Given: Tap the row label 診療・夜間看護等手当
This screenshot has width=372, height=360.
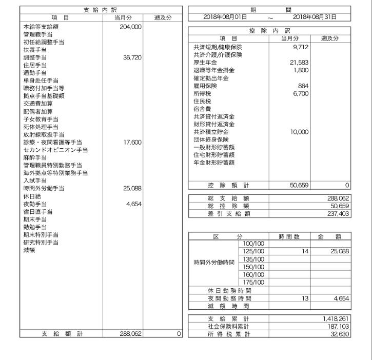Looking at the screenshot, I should [53, 142].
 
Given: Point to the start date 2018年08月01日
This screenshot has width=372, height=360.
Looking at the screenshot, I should [224, 17].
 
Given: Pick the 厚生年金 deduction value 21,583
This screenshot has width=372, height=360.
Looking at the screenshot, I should [299, 63].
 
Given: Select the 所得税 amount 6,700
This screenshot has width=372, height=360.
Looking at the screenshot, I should [300, 94].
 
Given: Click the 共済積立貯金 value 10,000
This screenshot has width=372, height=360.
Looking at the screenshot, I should [298, 132].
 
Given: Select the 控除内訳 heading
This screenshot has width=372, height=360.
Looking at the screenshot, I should [270, 31].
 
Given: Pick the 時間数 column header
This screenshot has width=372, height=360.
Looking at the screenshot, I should [290, 237].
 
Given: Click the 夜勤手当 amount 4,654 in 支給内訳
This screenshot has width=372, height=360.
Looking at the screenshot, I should [133, 204].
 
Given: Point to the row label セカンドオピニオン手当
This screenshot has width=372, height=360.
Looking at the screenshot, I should [55, 150].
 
